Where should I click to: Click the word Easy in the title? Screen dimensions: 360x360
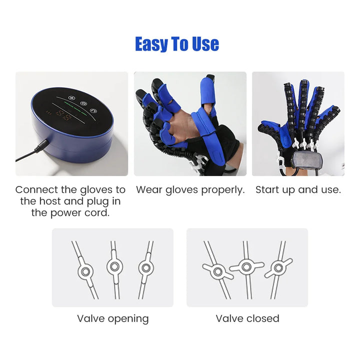[x=152, y=44]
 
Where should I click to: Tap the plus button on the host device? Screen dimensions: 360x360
[x=71, y=98]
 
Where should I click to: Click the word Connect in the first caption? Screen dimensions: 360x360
[x=38, y=190]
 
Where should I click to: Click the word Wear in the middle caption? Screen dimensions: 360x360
[x=148, y=190]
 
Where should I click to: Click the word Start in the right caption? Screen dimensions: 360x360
[x=266, y=190]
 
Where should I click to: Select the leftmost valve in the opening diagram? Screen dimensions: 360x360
[x=86, y=271]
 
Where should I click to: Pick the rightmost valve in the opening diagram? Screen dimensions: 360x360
[x=145, y=267]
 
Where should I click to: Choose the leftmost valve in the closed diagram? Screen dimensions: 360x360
[x=218, y=271]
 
